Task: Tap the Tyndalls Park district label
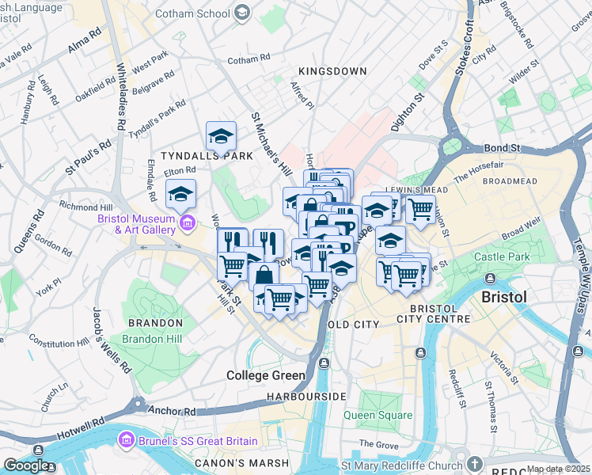click(x=207, y=156)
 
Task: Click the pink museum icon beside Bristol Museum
click(x=186, y=224)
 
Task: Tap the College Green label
click(x=266, y=375)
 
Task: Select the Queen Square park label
click(x=378, y=415)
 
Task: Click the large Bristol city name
click(x=504, y=297)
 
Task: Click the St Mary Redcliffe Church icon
click(x=474, y=463)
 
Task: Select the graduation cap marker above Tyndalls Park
click(x=221, y=136)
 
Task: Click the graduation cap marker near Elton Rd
click(x=180, y=194)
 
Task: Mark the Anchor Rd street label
click(x=171, y=412)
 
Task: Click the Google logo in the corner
click(x=26, y=465)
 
